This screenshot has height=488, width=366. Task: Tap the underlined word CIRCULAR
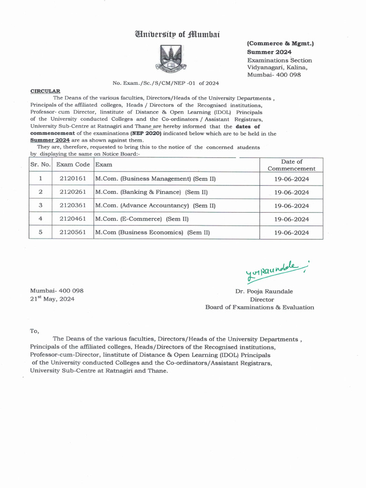(x=45, y=91)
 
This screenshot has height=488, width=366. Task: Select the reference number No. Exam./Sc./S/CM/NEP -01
(x=165, y=82)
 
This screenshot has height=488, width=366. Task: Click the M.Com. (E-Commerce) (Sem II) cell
(x=142, y=219)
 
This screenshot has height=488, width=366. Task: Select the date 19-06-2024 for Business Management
(x=292, y=179)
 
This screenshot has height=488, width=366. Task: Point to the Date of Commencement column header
(x=292, y=165)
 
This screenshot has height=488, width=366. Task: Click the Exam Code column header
(x=72, y=165)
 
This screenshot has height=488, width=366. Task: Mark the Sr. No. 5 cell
(x=41, y=232)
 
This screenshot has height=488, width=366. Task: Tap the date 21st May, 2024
(x=52, y=299)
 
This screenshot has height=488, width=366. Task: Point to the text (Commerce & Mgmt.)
(x=280, y=43)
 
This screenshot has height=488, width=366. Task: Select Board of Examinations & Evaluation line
(x=260, y=307)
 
